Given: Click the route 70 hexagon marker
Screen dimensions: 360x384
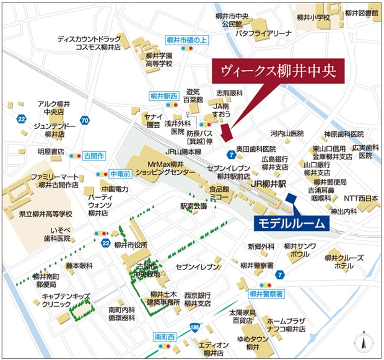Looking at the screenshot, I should point(85,120).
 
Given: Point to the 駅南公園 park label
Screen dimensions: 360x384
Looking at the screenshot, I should point(193,205).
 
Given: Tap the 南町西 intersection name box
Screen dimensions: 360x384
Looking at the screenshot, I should point(165,337).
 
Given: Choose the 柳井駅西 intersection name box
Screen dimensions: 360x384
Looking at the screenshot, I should point(164,96).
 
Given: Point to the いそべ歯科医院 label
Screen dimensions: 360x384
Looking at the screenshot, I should point(54,234).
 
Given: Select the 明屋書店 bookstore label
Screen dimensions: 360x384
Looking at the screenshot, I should point(50,151).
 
